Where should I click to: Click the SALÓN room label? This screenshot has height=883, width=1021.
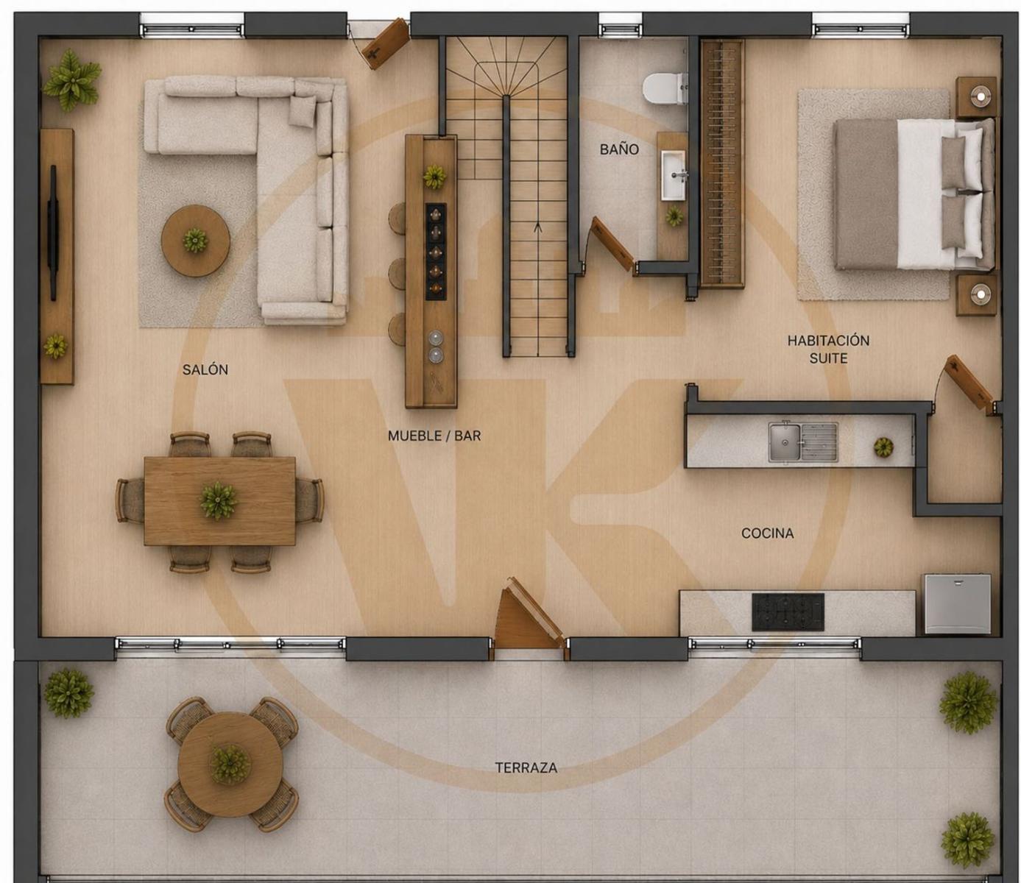click(x=205, y=369)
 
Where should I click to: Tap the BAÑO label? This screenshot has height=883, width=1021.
click(x=619, y=149)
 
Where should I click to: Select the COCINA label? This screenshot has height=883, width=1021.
click(x=767, y=533)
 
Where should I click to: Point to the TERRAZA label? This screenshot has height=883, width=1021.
click(x=526, y=768)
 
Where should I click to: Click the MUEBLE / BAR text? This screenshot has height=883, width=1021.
click(x=434, y=436)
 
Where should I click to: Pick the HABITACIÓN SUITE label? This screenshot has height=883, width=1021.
click(x=828, y=349)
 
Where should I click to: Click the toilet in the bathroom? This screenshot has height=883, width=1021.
click(x=665, y=88)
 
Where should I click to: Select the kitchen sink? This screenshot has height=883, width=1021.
click(x=802, y=442)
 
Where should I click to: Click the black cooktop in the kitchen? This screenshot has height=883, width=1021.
click(x=788, y=612)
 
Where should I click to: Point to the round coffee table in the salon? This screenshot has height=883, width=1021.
click(x=195, y=241)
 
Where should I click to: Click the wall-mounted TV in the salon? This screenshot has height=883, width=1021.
click(x=52, y=232)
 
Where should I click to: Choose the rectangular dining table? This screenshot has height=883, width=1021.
click(x=220, y=501)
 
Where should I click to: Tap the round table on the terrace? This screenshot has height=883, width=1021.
click(x=230, y=764)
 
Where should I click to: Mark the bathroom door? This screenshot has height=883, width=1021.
click(x=613, y=244)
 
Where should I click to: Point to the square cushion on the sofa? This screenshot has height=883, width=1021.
click(x=303, y=110)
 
